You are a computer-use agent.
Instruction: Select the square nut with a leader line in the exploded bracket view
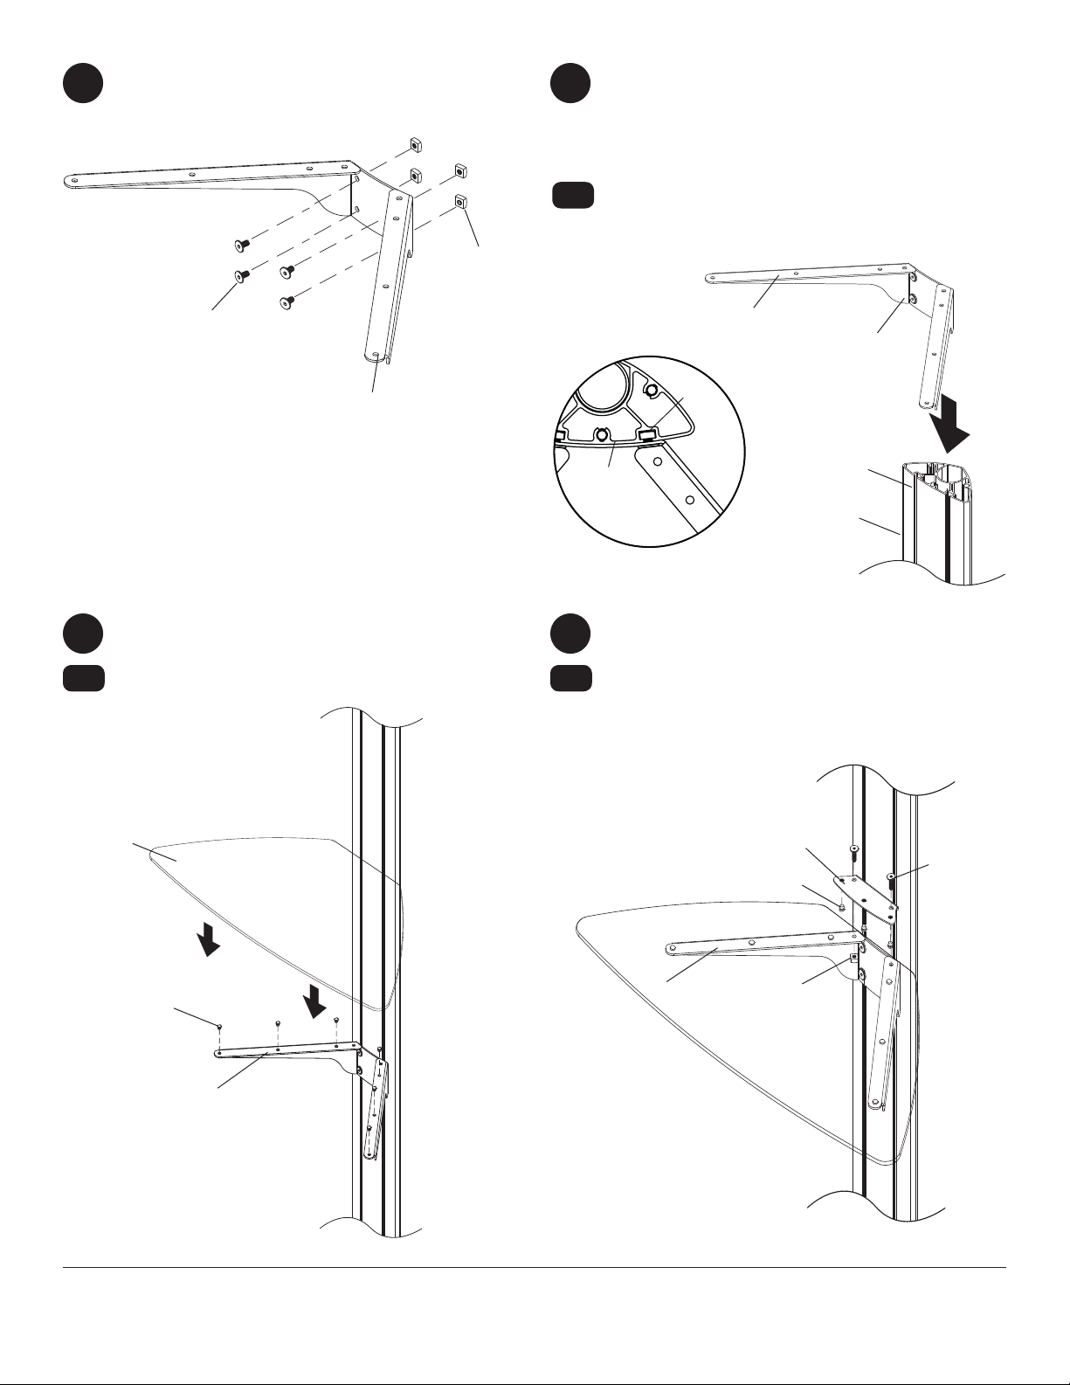(x=460, y=204)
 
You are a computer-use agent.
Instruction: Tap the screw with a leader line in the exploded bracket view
(x=240, y=276)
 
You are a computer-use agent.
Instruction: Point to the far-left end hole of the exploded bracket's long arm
(x=74, y=181)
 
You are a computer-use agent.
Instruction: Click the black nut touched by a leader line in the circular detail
(x=647, y=434)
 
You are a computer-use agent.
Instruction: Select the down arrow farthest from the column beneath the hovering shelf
(x=208, y=941)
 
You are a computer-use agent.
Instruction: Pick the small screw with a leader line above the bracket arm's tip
(x=220, y=1025)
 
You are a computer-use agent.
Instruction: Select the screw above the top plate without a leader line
(x=853, y=849)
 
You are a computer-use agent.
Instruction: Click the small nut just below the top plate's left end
(x=841, y=907)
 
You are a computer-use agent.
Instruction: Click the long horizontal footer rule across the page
(x=535, y=1268)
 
